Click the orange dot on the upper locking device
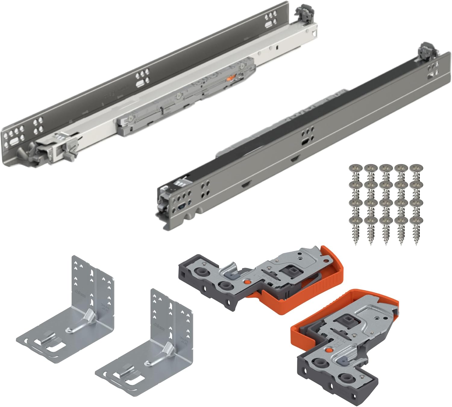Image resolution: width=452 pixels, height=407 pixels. [247, 282]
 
